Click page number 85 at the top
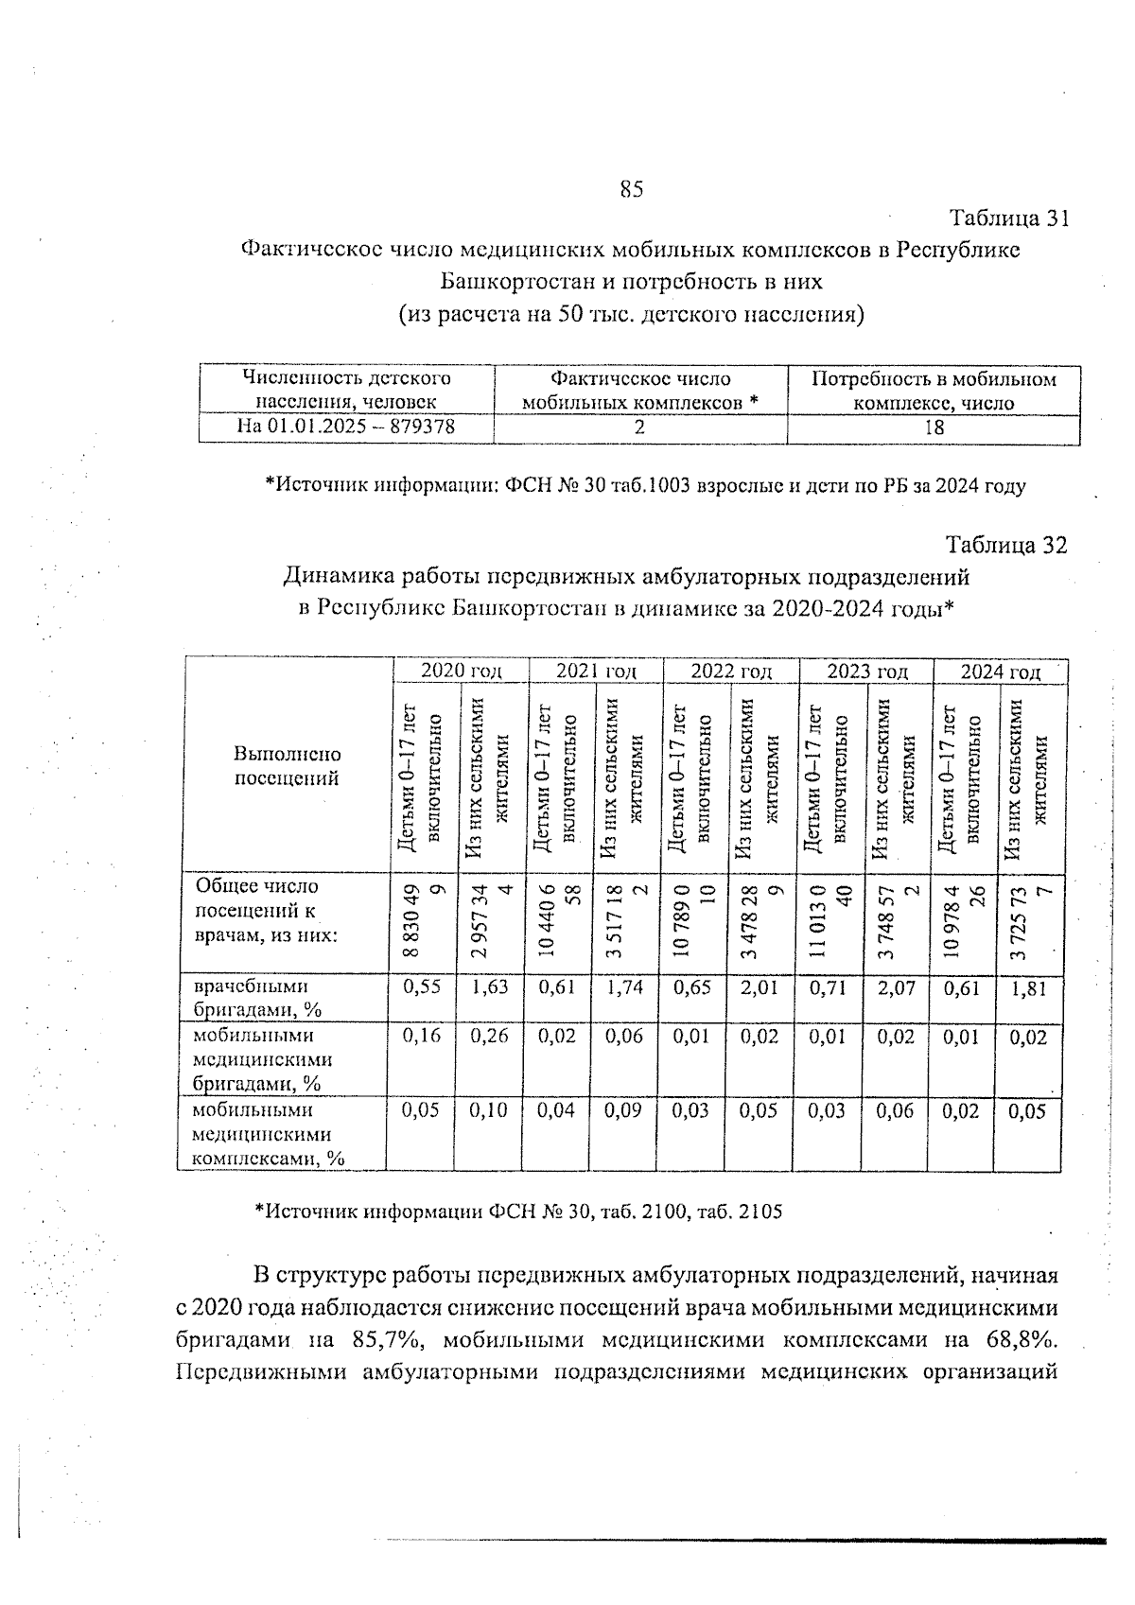coord(632,189)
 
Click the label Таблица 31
coord(1009,218)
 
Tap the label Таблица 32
coord(1007,546)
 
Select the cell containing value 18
coord(933,427)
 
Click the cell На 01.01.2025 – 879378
coord(346,427)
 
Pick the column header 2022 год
coord(731,672)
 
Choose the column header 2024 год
coord(1001,672)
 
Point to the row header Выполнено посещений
coord(287,767)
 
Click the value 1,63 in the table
coord(489,988)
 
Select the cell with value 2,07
coord(895,988)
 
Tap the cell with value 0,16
coord(422,1037)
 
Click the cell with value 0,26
coord(489,1037)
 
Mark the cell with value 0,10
coord(489,1111)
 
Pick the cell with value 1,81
coord(1028,989)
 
